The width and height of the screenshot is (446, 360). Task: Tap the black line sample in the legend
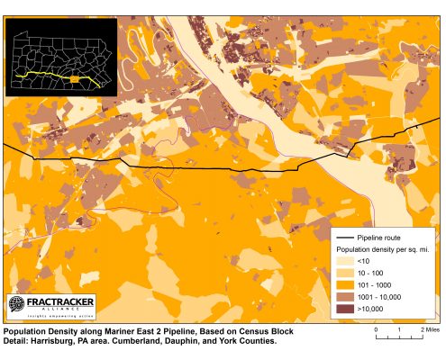point(345,236)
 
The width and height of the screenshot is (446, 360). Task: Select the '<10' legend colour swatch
point(346,259)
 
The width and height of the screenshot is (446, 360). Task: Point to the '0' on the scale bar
point(376,330)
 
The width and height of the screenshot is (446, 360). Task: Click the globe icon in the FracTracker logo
point(18,305)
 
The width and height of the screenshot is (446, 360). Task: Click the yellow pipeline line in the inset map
point(45,76)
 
